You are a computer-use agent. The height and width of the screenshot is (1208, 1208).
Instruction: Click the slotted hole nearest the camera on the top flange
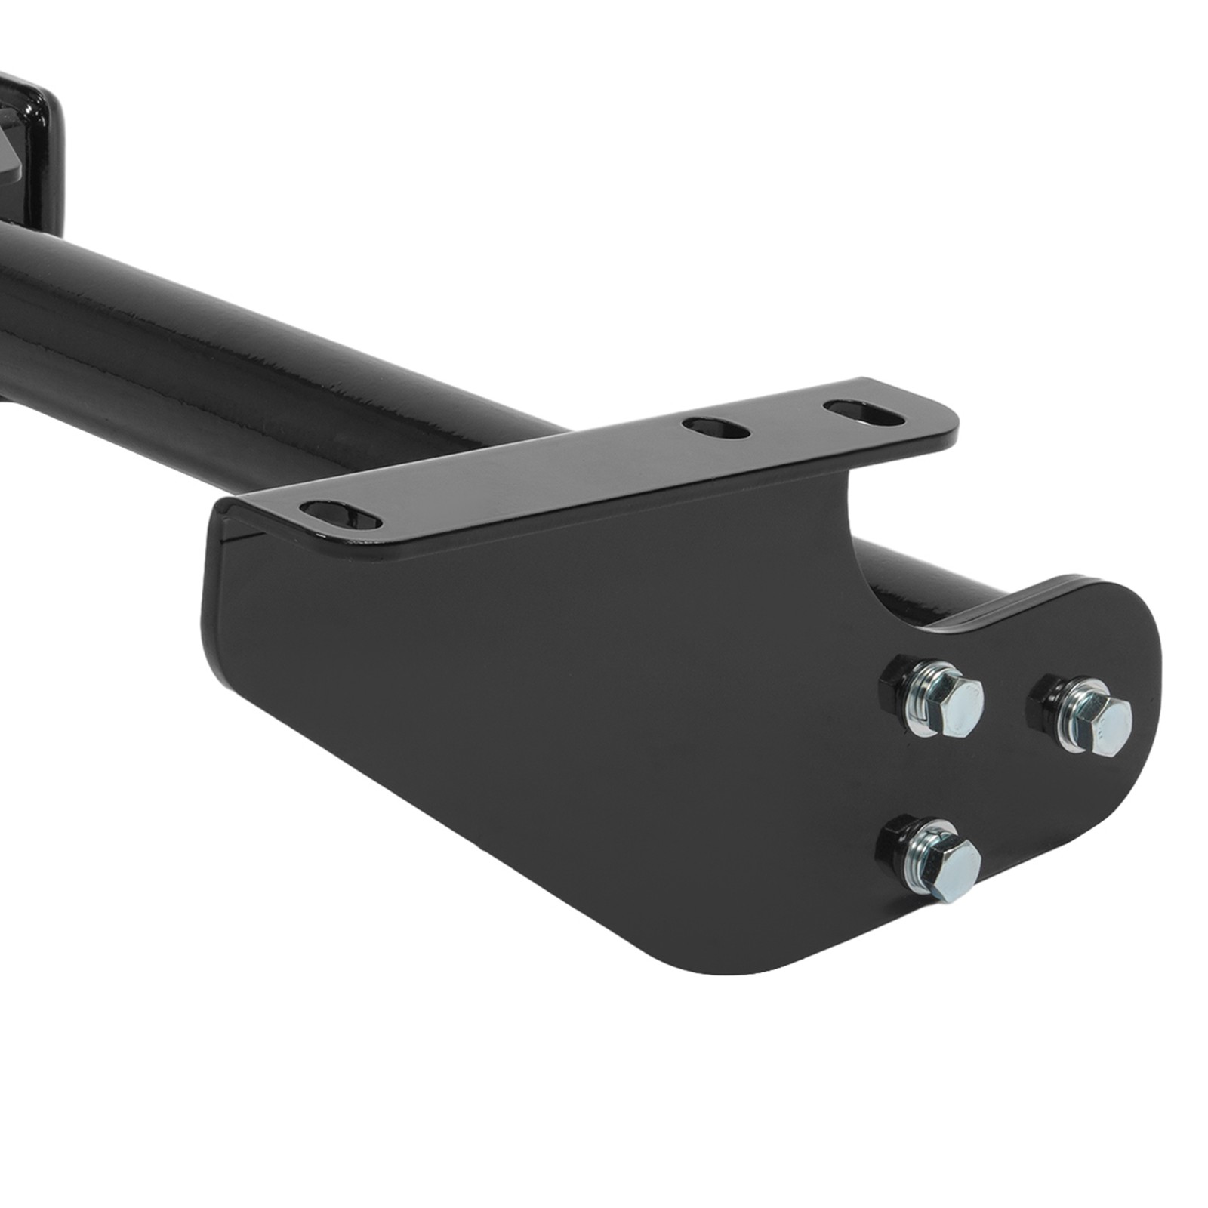[x=341, y=515]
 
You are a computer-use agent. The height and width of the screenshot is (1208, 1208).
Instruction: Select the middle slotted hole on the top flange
[x=716, y=428]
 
